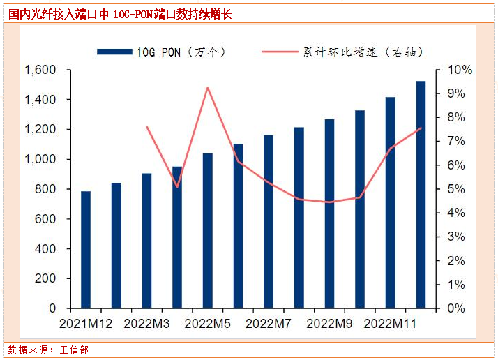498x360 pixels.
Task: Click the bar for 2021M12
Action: click(x=86, y=249)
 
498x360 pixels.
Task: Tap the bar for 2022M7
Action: click(x=269, y=221)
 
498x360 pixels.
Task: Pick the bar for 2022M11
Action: click(x=390, y=202)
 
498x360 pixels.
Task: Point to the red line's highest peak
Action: click(x=208, y=87)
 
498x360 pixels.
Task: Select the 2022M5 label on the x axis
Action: click(x=208, y=324)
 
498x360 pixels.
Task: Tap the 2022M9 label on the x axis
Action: click(x=329, y=324)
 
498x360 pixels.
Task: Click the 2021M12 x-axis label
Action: click(x=86, y=324)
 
